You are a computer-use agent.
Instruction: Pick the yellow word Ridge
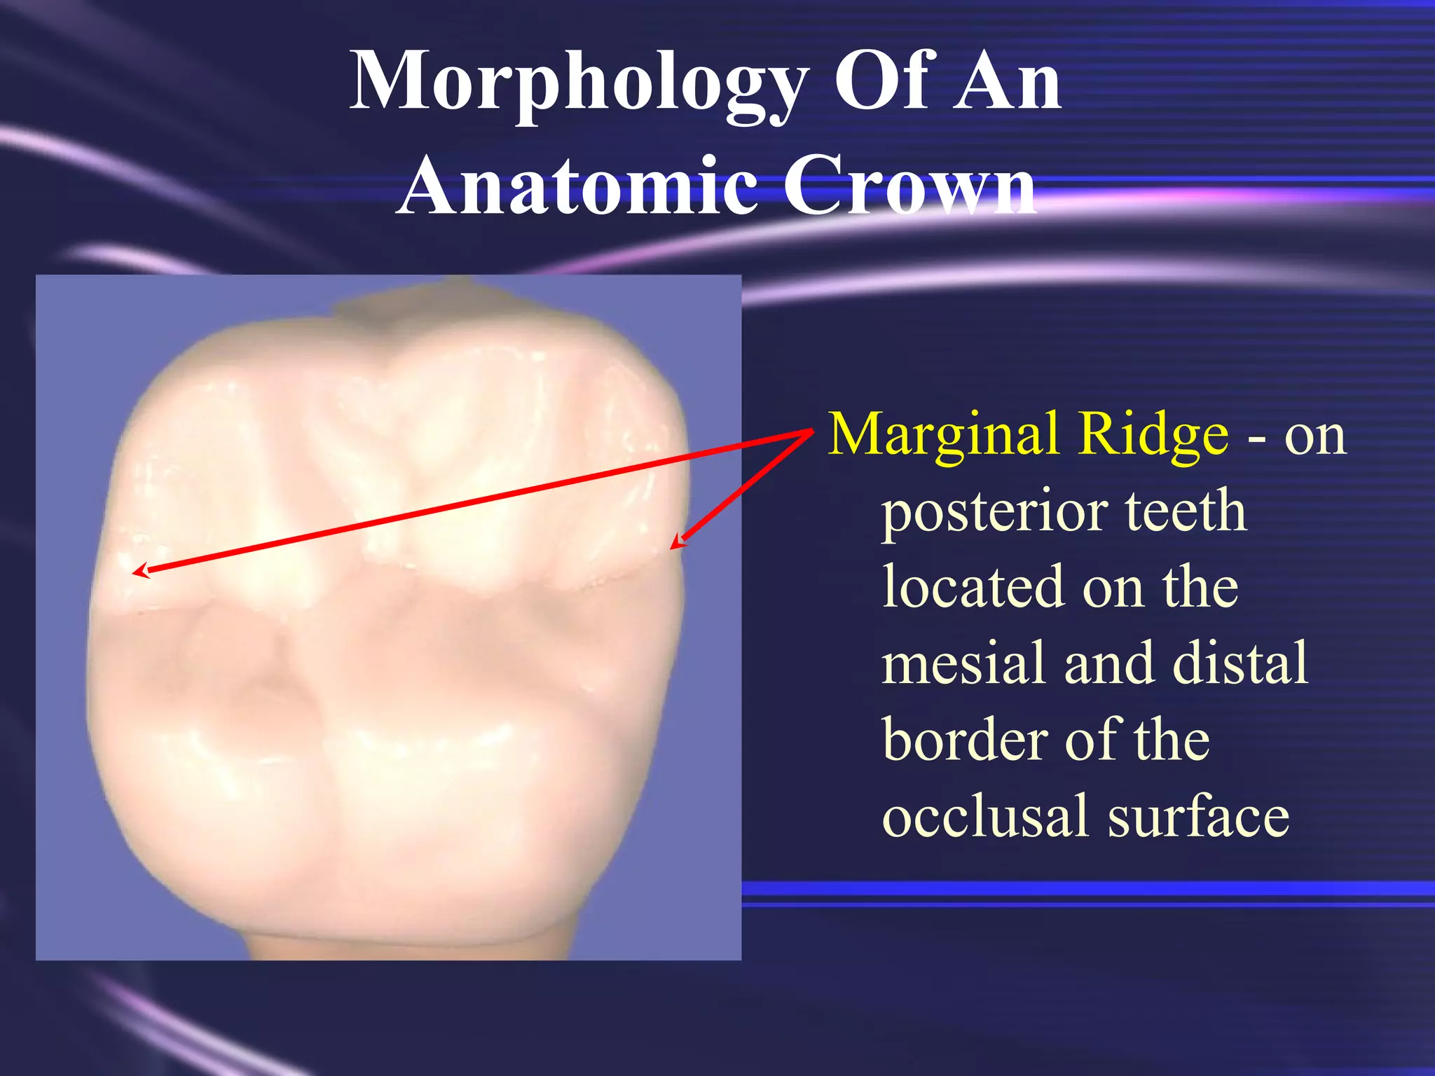1153,436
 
